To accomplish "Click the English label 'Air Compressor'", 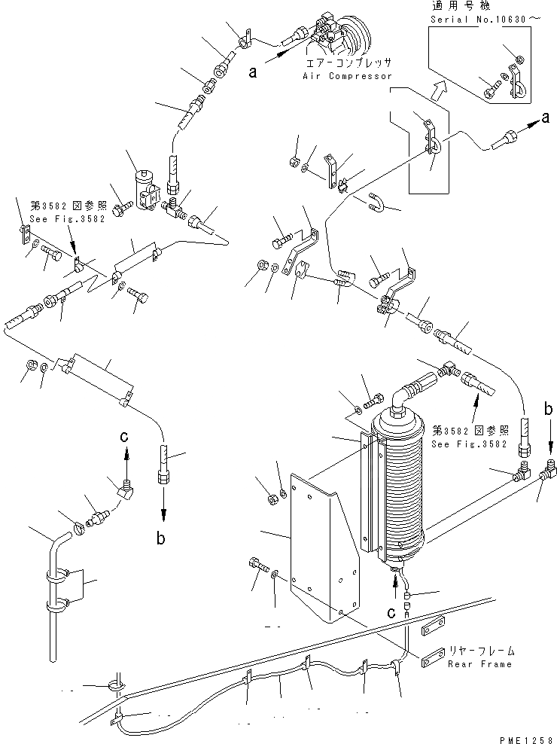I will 347,77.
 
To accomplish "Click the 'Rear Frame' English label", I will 479,664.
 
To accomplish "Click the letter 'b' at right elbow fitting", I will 549,410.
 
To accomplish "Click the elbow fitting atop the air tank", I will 404,392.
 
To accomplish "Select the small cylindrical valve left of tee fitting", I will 144,188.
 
